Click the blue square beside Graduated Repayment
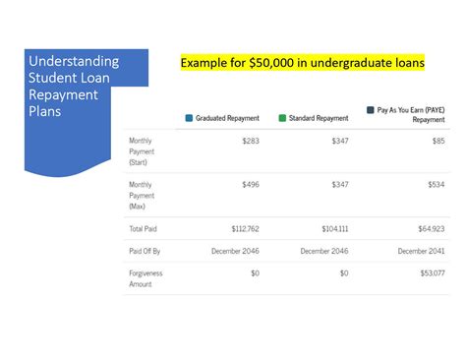[190, 118]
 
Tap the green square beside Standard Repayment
[282, 118]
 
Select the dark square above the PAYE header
[370, 110]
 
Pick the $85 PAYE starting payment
[437, 141]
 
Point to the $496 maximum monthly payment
[250, 184]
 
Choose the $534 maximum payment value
[436, 184]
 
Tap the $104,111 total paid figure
[335, 227]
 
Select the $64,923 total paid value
[431, 227]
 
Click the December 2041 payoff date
[420, 251]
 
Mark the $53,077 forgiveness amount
[431, 272]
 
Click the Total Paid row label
[144, 227]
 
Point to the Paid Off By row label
[146, 251]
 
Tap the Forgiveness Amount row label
[146, 278]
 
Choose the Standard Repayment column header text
[319, 118]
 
